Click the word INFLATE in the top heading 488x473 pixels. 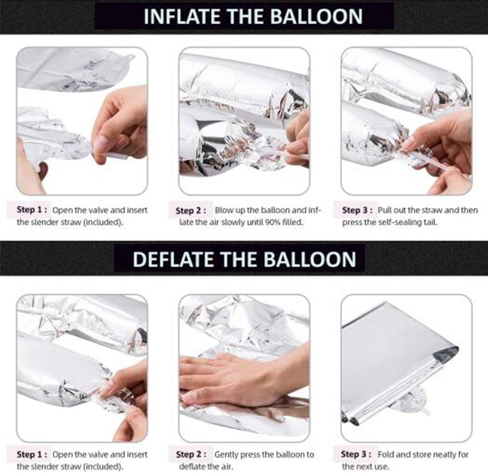pyautogui.click(x=175, y=16)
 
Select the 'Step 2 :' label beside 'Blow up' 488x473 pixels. pyautogui.click(x=193, y=211)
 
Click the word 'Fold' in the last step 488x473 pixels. pyautogui.click(x=392, y=454)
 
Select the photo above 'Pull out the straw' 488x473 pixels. pyautogui.click(x=406, y=121)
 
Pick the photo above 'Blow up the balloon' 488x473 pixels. pyautogui.click(x=244, y=121)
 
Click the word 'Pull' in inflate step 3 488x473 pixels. pyautogui.click(x=390, y=210)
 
